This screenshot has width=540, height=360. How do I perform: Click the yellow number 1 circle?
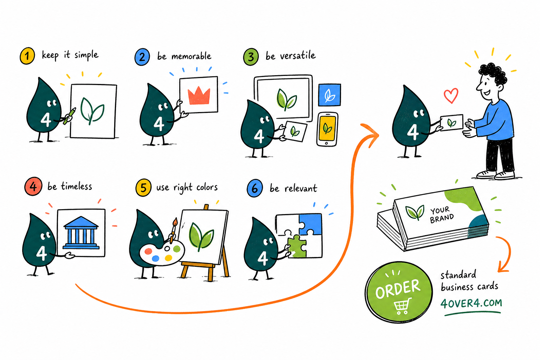point(27,56)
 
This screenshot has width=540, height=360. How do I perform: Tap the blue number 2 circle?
point(142,57)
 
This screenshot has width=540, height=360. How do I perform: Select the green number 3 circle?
point(251,57)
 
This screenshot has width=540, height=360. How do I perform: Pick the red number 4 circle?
point(33,186)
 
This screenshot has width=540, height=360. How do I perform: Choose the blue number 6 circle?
point(255,188)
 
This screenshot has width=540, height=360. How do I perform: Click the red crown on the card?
point(199,96)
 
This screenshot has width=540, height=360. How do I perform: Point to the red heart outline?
point(451,96)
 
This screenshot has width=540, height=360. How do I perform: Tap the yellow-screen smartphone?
point(327,129)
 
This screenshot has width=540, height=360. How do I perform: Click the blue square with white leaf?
point(329,95)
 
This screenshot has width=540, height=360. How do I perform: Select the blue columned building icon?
point(81,233)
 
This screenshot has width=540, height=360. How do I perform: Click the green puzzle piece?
point(297,246)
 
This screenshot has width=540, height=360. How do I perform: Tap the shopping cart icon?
point(402,306)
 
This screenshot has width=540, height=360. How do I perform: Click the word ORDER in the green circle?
point(398,289)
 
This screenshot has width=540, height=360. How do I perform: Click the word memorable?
point(191,56)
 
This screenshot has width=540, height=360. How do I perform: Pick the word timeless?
point(76,186)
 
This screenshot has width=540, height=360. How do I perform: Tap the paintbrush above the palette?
point(173,230)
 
